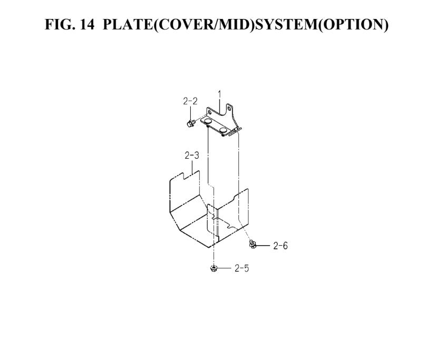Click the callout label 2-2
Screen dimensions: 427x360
point(190,101)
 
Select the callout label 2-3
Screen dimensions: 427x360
point(192,155)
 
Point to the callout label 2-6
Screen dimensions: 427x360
point(280,246)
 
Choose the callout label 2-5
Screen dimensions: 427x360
point(242,268)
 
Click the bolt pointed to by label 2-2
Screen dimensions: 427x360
point(190,123)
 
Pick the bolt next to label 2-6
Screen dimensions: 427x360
point(253,244)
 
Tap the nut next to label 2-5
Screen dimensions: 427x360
point(213,268)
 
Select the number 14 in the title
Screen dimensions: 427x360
point(88,24)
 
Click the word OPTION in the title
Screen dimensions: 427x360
point(354,24)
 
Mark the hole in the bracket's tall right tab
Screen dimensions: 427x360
point(229,109)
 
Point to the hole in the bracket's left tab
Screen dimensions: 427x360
point(209,112)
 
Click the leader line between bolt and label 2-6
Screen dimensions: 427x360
point(263,246)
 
